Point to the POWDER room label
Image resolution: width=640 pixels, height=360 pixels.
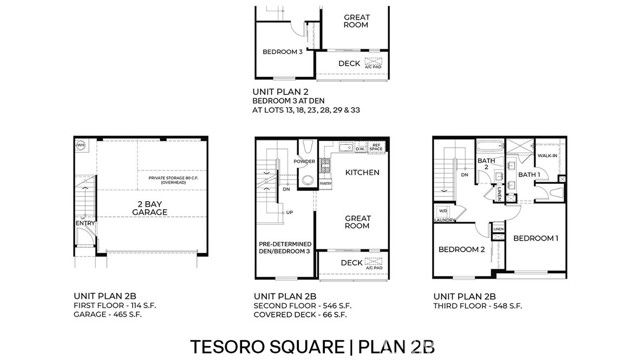tap(305, 161)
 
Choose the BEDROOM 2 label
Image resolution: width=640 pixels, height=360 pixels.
tap(461, 249)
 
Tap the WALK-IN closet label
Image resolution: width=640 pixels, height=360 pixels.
tap(547, 156)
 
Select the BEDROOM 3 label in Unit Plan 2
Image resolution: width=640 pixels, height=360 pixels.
tap(282, 51)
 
